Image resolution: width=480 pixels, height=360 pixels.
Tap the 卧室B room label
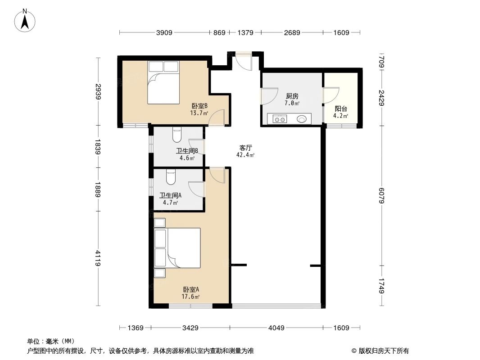pos(199,106)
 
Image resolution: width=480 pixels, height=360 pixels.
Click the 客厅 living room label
pos(245,147)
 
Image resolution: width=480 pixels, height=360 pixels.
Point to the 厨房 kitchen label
pos(292,96)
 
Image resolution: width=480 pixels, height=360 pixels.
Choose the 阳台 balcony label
pos(341,109)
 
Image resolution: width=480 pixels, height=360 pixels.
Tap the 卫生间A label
pos(170,195)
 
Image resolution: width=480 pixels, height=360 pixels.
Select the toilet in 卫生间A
pos(171,177)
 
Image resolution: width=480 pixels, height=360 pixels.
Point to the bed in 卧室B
pos(163,83)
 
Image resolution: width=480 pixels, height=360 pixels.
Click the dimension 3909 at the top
pos(164,33)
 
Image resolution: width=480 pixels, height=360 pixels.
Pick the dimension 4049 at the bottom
pos(276,328)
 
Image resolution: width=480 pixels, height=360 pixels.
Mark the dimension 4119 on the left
pos(98,259)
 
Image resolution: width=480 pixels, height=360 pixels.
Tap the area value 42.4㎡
pos(245,155)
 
